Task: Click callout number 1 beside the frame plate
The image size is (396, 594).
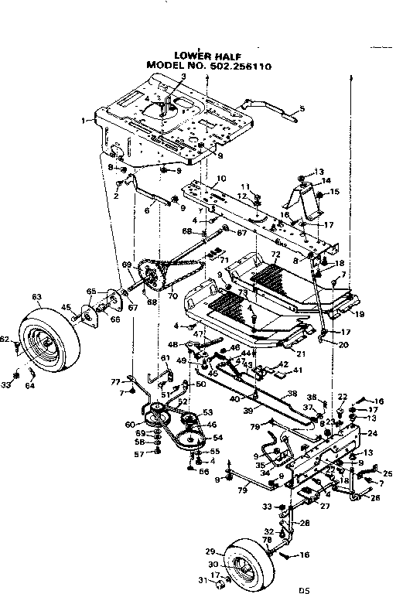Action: click(83, 121)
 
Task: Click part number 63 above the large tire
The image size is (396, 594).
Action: click(36, 296)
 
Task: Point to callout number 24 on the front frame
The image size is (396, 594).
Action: click(372, 433)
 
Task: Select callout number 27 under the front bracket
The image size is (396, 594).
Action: click(326, 507)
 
